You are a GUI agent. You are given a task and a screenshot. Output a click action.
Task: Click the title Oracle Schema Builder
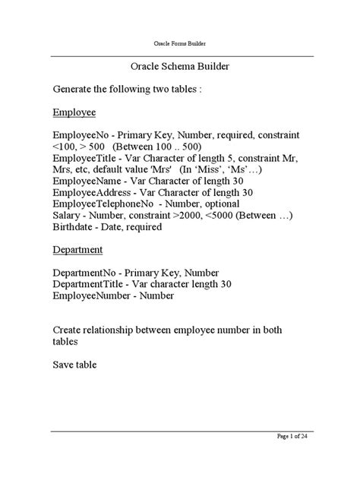(180, 67)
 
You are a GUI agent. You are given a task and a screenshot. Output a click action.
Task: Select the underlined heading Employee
(74, 112)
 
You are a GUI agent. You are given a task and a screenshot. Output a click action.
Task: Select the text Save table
(74, 364)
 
